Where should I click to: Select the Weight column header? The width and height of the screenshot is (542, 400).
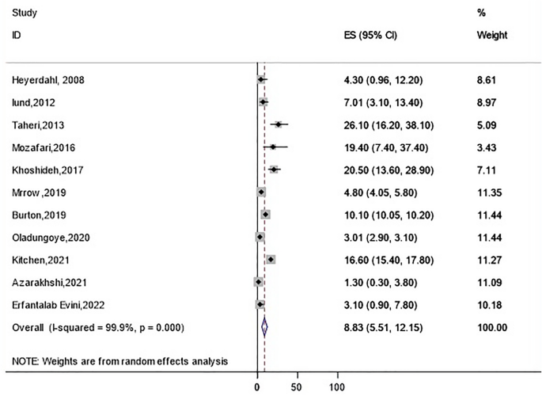(x=492, y=36)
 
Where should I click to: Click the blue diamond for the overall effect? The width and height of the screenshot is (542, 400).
(x=264, y=327)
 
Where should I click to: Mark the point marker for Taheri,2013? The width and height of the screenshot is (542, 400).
(x=278, y=124)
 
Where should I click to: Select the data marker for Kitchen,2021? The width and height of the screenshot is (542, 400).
(x=271, y=259)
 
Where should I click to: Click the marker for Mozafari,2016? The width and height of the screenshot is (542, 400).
(x=273, y=147)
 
